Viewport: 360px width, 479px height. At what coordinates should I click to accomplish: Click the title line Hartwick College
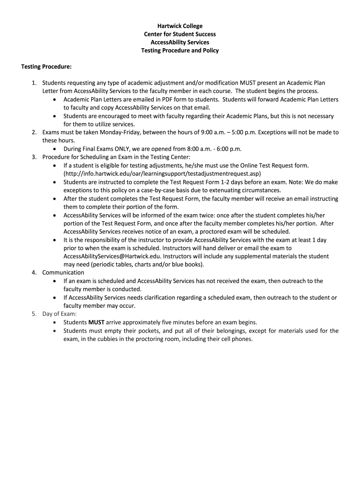(180, 26)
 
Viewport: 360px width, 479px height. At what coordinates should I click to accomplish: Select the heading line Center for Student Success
(180, 34)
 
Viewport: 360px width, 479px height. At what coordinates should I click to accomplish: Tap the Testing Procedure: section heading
(46, 67)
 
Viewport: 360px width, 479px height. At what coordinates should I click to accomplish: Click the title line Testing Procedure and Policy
(180, 51)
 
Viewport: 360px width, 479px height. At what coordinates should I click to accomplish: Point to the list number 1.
(34, 83)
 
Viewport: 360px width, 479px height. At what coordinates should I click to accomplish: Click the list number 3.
(34, 157)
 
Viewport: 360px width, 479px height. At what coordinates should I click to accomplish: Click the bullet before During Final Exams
(56, 149)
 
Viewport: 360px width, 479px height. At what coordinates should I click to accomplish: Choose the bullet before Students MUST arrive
(56, 322)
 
